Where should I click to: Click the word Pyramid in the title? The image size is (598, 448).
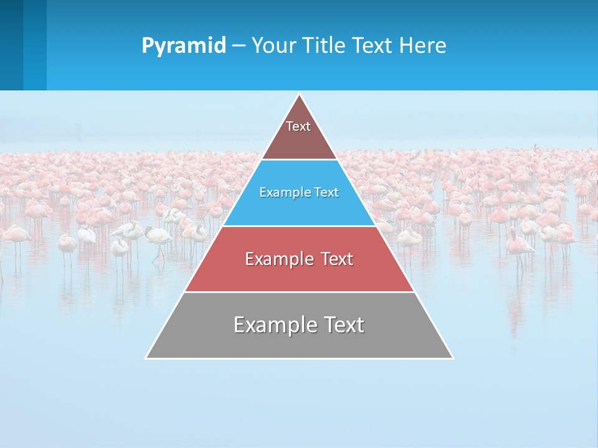(x=183, y=46)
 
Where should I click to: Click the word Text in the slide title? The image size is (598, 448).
(x=373, y=46)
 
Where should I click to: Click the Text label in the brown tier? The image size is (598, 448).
(x=298, y=126)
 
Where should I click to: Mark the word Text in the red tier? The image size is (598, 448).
(x=338, y=259)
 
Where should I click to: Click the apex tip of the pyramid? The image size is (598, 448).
(x=300, y=95)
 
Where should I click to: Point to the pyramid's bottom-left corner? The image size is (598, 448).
(x=147, y=358)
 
